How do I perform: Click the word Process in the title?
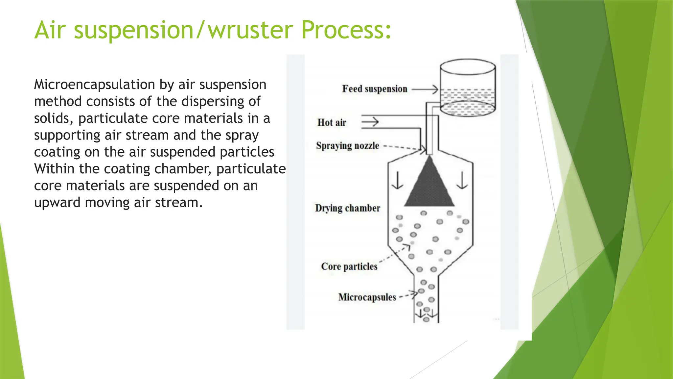[346, 30]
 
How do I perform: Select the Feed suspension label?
[375, 89]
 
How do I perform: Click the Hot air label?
[332, 123]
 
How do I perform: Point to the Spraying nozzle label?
[348, 146]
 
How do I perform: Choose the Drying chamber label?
[348, 208]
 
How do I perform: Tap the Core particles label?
[349, 266]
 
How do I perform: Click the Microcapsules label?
[367, 297]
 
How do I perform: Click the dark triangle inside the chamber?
[429, 186]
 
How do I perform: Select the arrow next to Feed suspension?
[425, 89]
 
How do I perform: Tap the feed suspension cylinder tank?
[468, 87]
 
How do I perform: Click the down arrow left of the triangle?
[398, 181]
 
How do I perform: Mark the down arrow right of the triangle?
[462, 181]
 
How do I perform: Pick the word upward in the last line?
[57, 203]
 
